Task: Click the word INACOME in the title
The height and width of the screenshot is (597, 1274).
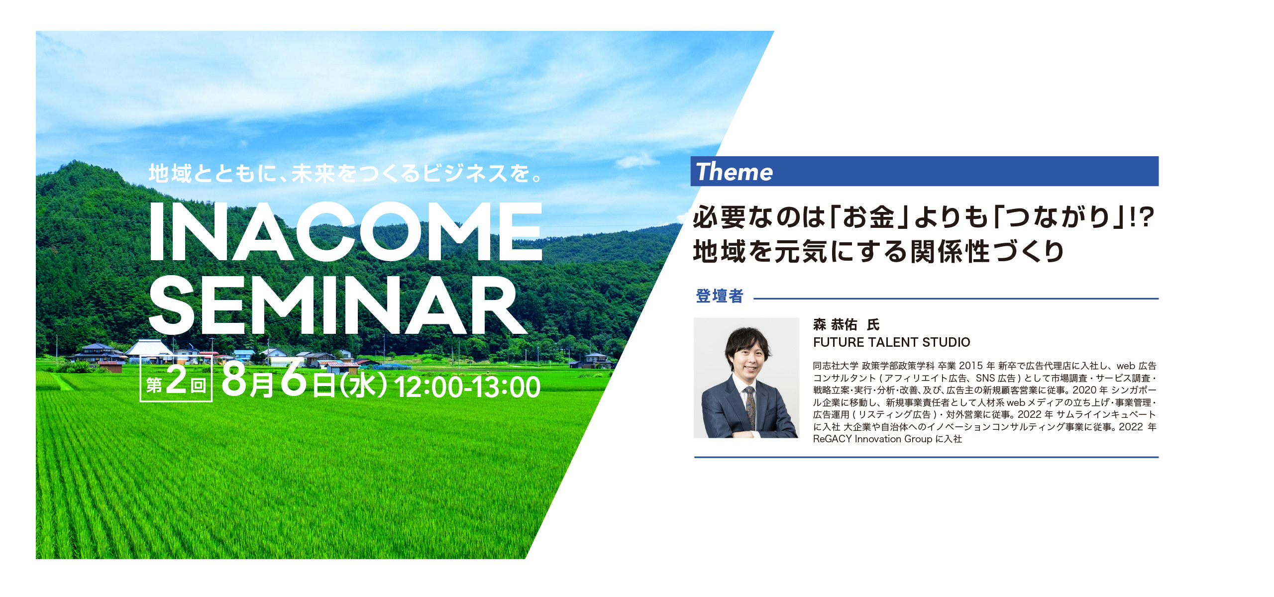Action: [345, 231]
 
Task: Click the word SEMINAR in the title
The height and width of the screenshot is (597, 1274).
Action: [337, 305]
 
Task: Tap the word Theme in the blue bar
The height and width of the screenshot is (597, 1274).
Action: [734, 172]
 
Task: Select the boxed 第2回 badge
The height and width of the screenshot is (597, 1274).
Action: [176, 379]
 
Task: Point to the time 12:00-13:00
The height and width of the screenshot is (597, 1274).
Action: [467, 387]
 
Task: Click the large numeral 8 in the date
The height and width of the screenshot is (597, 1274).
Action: [235, 380]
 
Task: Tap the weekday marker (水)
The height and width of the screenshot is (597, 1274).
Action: [363, 386]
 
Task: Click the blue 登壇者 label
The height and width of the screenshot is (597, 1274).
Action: [720, 296]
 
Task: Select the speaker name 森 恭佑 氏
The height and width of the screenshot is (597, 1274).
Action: [846, 325]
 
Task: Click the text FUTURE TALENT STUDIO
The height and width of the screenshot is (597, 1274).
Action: [891, 342]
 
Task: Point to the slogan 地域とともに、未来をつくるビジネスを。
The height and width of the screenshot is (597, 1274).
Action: [345, 174]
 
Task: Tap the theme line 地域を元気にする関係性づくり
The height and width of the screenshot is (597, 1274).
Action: [878, 251]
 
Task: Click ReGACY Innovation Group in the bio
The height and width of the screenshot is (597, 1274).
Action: [872, 439]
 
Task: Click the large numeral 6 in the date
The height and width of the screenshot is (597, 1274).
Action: [294, 378]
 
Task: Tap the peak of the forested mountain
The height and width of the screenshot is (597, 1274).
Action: [75, 161]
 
